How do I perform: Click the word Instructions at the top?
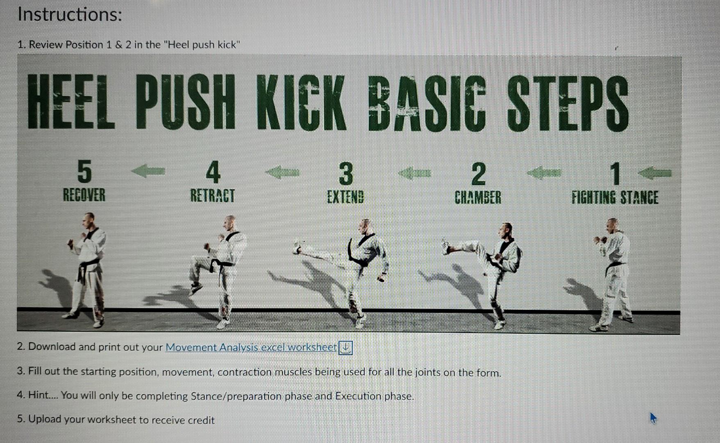click(x=70, y=15)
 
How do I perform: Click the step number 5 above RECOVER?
click(x=84, y=171)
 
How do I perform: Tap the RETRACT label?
click(x=212, y=196)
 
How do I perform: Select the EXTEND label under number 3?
click(x=345, y=197)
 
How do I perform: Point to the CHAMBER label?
click(x=478, y=197)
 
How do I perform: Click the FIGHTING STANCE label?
click(x=615, y=198)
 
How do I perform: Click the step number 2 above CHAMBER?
click(x=478, y=174)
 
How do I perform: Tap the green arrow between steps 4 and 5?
click(x=148, y=170)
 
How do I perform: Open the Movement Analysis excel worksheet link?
click(x=251, y=347)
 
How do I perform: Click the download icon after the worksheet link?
click(x=346, y=348)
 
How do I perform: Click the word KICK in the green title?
click(x=302, y=103)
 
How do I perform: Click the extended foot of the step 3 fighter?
click(x=297, y=247)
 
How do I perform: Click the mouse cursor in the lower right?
click(x=653, y=418)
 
